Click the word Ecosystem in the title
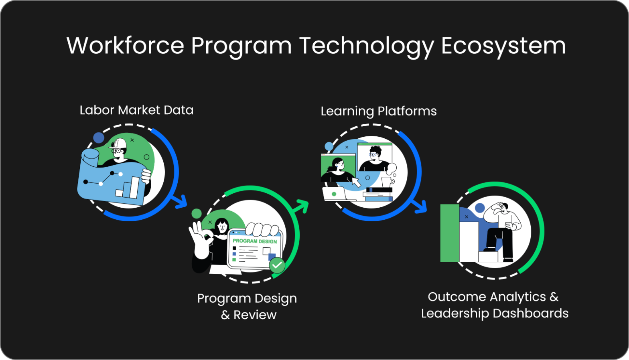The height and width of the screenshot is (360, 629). (x=503, y=46)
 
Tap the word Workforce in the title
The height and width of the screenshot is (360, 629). (x=125, y=45)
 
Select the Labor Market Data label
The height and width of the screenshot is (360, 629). (x=136, y=110)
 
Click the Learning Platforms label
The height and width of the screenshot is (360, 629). (x=379, y=111)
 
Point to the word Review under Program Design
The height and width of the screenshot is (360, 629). (x=255, y=315)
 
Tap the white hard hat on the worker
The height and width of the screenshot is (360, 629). (x=118, y=143)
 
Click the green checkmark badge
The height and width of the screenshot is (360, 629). (x=277, y=265)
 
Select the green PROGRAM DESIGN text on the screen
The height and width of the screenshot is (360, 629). (x=255, y=241)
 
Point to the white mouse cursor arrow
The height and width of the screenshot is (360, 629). (x=356, y=182)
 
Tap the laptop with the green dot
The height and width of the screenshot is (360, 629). (x=335, y=194)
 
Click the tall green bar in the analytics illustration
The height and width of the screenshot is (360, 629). (x=450, y=233)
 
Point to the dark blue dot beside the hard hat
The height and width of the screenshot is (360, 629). (x=99, y=138)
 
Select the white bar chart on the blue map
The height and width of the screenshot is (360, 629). (x=128, y=187)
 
